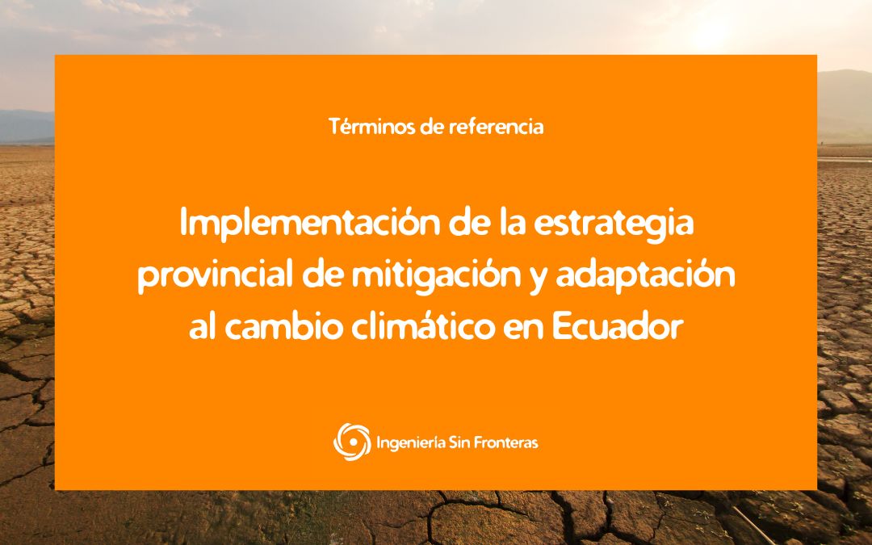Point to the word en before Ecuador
tap(522, 329)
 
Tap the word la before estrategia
tap(512, 223)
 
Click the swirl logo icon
tap(352, 442)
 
